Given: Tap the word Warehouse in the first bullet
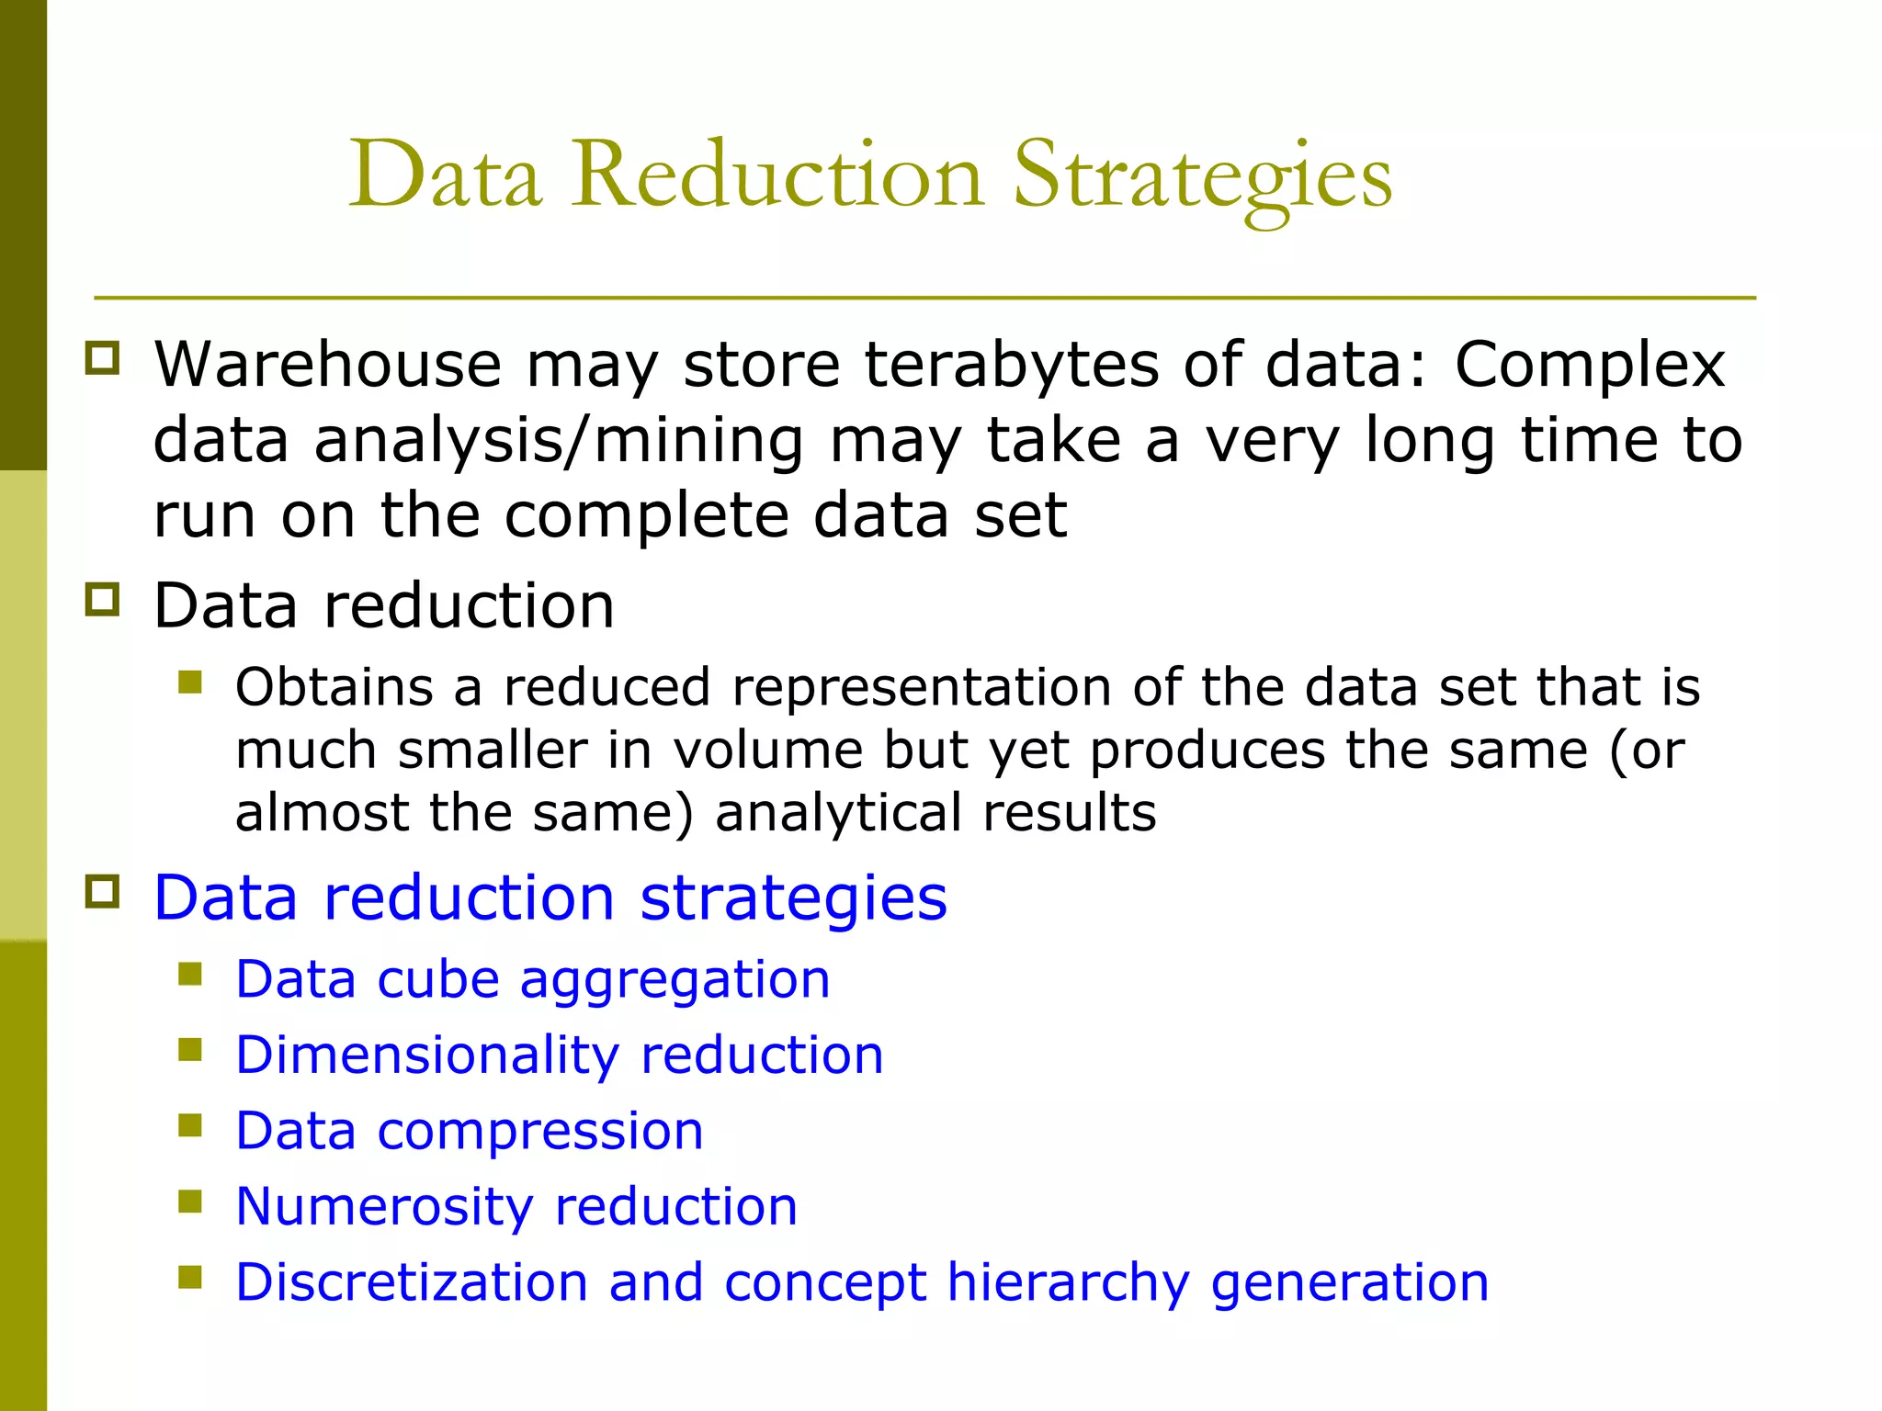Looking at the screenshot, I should pos(327,365).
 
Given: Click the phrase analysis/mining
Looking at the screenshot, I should pos(559,442).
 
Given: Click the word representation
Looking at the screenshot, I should pos(921,689).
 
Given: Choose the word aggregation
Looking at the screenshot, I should pos(675,981).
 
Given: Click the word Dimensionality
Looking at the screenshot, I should pos(426,1056).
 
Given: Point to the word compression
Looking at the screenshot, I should pos(540,1133).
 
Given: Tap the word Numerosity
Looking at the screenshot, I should pos(383,1208).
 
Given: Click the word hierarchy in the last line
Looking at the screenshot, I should pos(1068,1284).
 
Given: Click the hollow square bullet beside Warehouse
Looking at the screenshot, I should pos(102,358).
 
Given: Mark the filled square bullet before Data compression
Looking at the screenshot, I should pos(190,1125).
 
